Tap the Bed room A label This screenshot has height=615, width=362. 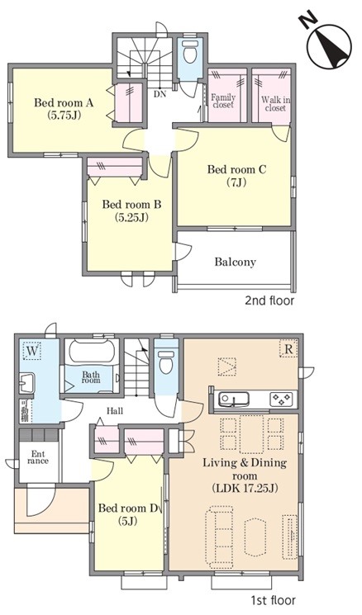63,103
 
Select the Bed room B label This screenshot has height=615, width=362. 131,205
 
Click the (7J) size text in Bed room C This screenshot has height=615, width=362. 236,182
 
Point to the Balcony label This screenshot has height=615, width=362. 236,262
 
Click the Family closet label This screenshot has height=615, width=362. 223,101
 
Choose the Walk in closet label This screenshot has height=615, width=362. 276,103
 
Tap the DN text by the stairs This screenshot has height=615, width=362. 160,94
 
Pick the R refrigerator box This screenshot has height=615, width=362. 288,348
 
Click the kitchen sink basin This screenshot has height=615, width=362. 234,400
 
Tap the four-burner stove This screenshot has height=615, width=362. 282,400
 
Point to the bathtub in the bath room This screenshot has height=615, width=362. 92,352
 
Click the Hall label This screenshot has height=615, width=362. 115,411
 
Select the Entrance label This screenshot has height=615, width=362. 38,457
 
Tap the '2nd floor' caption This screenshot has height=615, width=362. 269,300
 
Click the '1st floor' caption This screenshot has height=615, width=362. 273,600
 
